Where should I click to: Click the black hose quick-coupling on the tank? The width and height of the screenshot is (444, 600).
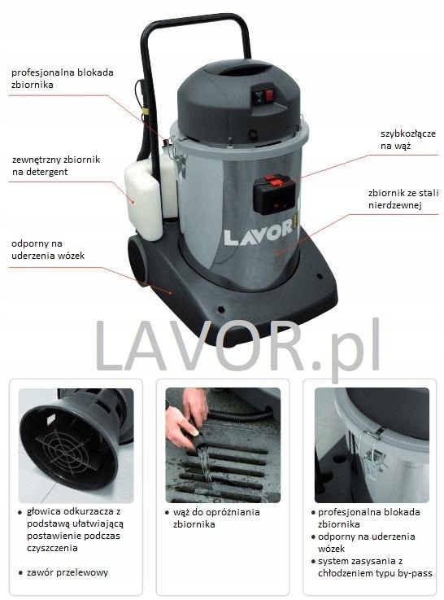[272, 192]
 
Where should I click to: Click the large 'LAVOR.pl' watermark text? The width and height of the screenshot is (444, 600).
[237, 348]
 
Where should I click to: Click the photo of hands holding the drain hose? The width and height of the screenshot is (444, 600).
[222, 445]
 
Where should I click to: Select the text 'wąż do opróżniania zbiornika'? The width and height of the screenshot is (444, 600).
[216, 519]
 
